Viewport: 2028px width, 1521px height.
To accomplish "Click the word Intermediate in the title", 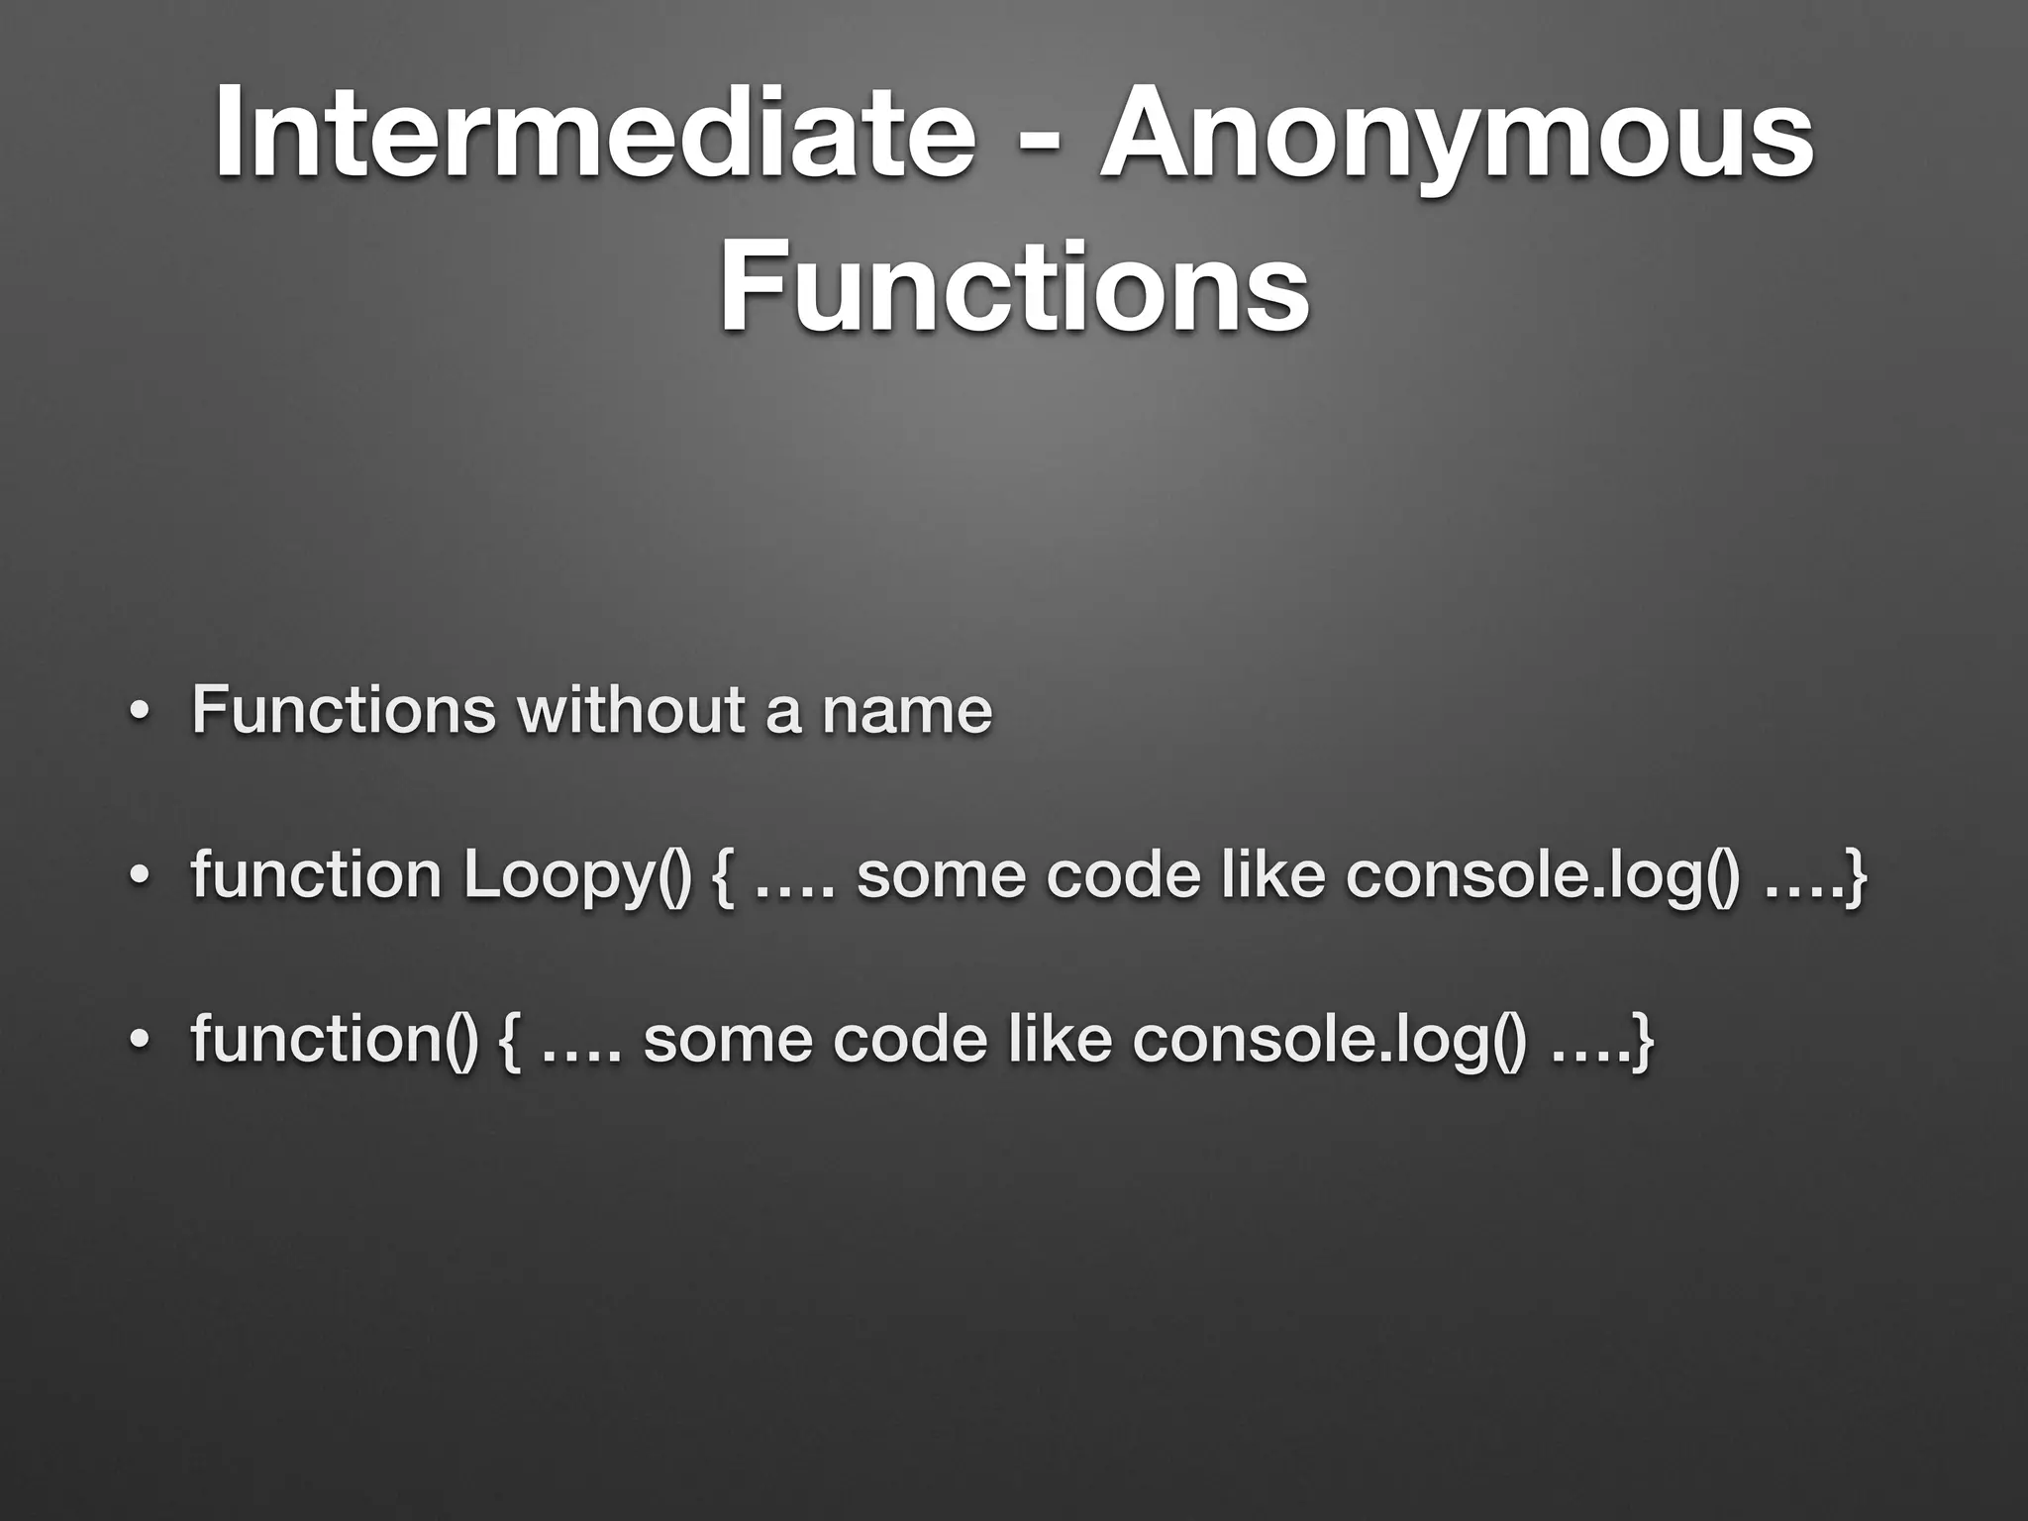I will pos(594,134).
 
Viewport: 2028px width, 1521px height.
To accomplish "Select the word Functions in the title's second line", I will pos(1014,287).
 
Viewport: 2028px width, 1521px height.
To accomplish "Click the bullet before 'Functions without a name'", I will pos(140,713).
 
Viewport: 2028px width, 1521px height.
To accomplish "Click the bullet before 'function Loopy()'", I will pos(140,878).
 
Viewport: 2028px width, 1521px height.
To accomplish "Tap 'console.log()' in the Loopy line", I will pos(1541,877).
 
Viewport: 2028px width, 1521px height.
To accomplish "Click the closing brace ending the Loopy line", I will pos(1856,877).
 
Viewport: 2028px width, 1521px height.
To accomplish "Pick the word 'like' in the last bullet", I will pos(1059,1040).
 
